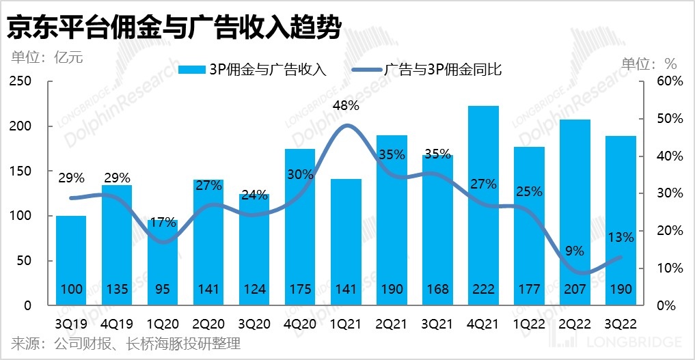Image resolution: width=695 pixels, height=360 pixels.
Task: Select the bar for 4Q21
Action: tap(484, 205)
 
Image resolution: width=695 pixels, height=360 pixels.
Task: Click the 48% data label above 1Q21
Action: tap(346, 106)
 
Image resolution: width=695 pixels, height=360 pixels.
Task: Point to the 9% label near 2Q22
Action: tap(575, 251)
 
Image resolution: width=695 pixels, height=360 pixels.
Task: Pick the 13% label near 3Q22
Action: tap(621, 237)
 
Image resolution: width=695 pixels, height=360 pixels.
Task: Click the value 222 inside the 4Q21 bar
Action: tap(484, 290)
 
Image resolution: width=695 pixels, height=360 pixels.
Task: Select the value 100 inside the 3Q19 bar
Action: tap(71, 290)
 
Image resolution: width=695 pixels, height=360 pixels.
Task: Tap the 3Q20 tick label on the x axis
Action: tap(254, 323)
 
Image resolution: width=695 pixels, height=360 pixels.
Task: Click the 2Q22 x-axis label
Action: tap(575, 323)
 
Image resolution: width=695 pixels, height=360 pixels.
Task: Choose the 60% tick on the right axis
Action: tap(670, 81)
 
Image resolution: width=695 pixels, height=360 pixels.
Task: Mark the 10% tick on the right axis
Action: tap(670, 268)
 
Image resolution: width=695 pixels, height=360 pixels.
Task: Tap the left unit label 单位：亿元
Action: tap(46, 57)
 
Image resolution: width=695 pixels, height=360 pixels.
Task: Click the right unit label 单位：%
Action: tap(649, 64)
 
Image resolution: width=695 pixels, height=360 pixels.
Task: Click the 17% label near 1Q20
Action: tap(163, 222)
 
